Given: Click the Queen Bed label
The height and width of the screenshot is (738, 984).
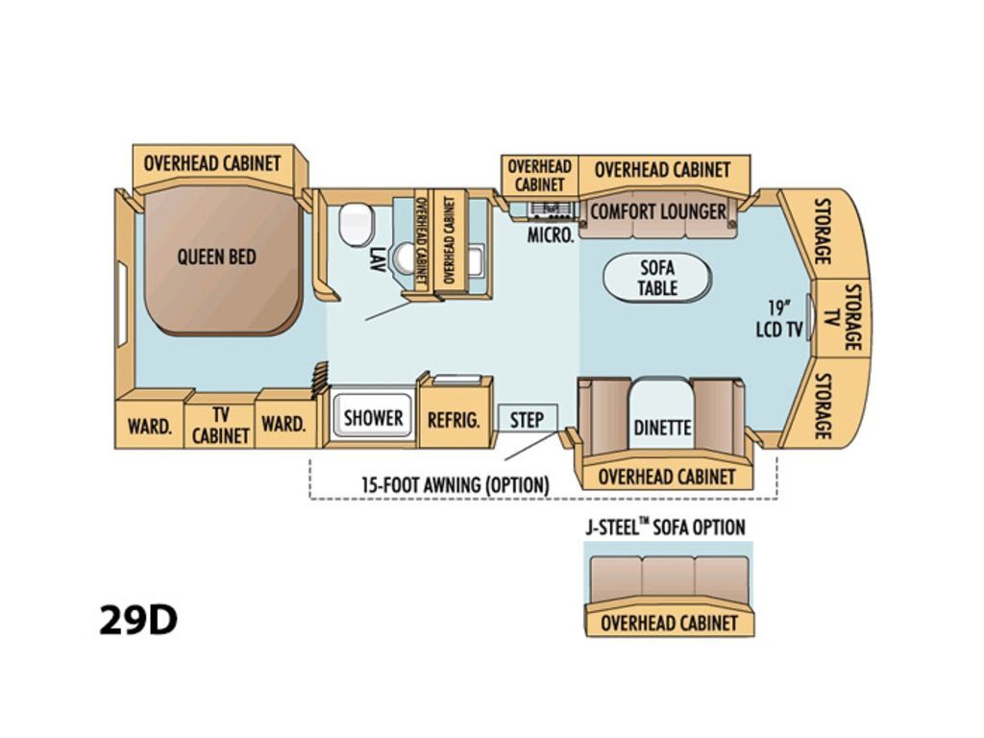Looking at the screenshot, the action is pos(216,258).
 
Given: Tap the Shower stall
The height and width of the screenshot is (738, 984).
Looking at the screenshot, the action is pos(372,415).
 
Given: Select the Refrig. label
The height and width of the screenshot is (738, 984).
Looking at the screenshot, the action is pos(454,420).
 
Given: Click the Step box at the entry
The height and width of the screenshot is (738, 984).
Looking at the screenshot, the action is pos(528,418).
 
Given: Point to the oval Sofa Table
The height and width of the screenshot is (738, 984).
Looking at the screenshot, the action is pos(657,278).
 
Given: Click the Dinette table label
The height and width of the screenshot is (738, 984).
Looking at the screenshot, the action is pos(662,428).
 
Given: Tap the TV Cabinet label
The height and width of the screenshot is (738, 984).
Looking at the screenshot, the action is pos(220,425).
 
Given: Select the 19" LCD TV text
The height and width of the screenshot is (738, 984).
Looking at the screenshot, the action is pos(778,319).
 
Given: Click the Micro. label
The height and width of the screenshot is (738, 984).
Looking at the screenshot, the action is pos(551,235).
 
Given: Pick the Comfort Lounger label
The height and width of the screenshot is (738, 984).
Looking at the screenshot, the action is pos(657,211).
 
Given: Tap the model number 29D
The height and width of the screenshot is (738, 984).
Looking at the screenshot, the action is pos(138,620).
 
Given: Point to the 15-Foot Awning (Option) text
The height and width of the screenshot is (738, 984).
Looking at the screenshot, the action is pos(455,484).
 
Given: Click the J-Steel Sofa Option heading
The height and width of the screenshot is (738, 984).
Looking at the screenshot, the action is pos(666,528).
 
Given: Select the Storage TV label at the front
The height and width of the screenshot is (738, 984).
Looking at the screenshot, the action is pos(842,317).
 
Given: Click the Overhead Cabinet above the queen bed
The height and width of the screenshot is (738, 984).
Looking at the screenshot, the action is pos(212,163).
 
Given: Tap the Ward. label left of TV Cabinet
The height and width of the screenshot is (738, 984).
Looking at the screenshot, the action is pos(149,426).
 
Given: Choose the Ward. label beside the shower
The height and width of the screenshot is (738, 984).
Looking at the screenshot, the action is pos(283,424).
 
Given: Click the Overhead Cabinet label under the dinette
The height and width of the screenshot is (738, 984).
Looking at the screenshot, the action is pos(667,477).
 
